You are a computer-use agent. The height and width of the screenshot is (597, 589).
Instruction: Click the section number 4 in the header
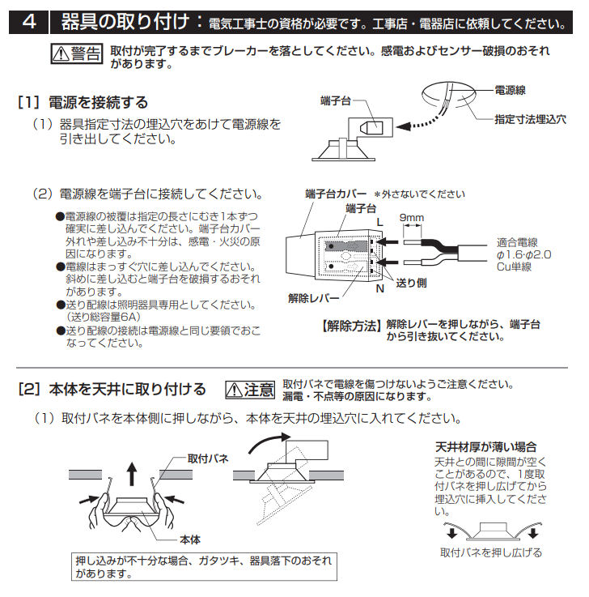coord(29,21)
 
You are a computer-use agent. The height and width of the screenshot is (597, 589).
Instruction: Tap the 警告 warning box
coord(78,53)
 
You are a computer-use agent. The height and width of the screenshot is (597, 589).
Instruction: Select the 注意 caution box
coord(250,390)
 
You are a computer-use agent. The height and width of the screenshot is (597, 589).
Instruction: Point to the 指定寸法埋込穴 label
coord(530,118)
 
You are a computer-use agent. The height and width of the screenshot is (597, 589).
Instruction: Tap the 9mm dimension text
coord(411,219)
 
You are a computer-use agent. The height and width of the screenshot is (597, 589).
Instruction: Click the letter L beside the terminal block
coord(377,221)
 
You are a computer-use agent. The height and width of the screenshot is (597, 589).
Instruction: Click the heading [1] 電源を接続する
coord(83,102)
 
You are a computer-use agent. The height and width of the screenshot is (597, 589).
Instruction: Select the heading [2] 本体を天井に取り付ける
coord(112,390)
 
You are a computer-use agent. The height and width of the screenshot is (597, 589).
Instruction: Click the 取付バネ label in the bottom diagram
coord(208,458)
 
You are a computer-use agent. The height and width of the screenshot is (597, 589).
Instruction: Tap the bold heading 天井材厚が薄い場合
coord(485,446)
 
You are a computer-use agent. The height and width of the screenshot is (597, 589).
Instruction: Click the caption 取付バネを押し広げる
coord(491,553)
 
